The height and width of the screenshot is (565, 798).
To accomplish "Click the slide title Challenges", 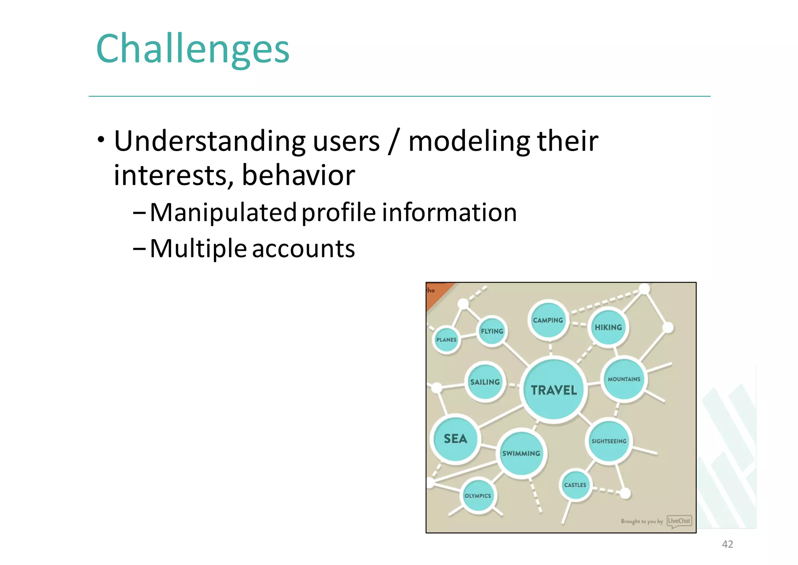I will click(192, 49).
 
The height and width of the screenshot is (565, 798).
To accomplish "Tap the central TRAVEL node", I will click(554, 389).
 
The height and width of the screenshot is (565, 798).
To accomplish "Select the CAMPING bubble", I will click(548, 320).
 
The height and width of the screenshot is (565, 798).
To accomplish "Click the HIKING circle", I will click(608, 327).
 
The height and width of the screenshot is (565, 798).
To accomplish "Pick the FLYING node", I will click(492, 331).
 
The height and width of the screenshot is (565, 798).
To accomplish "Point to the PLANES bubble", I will click(446, 339).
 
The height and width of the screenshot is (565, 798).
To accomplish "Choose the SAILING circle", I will click(485, 382).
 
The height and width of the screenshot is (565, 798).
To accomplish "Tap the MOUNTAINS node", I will click(624, 379).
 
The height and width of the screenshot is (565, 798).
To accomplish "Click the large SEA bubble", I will click(455, 439).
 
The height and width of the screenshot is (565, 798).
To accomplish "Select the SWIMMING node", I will click(521, 453).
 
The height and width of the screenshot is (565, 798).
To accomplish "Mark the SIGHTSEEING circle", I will click(609, 441).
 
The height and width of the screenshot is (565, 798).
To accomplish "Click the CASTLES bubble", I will click(575, 485).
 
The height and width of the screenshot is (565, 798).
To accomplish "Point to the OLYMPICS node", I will click(478, 495).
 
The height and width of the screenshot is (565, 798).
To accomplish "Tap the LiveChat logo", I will click(679, 521).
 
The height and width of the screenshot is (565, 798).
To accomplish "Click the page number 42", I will click(727, 544).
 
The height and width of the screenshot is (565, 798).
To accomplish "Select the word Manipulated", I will click(223, 213).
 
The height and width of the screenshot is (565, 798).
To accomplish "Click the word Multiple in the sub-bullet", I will click(198, 249).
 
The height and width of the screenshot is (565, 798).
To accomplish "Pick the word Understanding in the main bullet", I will click(210, 141).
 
